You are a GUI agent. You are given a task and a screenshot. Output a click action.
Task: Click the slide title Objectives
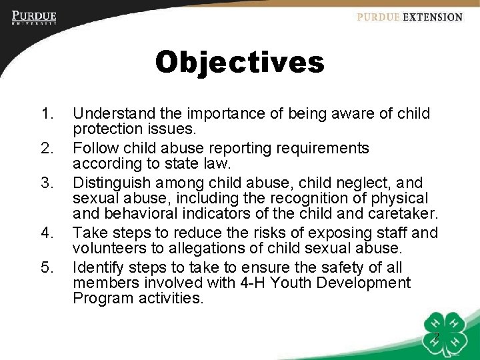point(239,63)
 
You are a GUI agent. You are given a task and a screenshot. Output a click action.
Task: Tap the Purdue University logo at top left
point(33,17)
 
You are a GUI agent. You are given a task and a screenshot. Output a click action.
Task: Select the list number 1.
point(46,115)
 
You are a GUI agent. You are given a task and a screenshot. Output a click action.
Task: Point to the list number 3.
point(46,183)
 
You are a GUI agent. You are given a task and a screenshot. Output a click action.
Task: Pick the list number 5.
point(46,268)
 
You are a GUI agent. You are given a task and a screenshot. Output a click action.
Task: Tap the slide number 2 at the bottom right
point(436,337)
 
